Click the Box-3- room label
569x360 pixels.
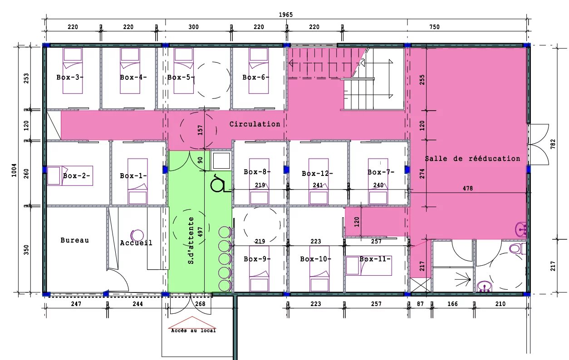pyautogui.click(x=70, y=77)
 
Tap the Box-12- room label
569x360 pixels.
pyautogui.click(x=317, y=174)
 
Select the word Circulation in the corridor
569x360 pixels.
pyautogui.click(x=255, y=124)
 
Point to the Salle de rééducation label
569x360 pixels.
pyautogui.click(x=472, y=159)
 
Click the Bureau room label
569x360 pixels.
pyautogui.click(x=75, y=240)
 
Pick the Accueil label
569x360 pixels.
pyautogui.click(x=136, y=243)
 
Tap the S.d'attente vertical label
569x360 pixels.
pyautogui.click(x=191, y=240)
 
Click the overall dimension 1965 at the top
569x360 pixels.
pyautogui.click(x=286, y=15)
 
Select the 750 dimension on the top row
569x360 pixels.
pyautogui.click(x=434, y=27)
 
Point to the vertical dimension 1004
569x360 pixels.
pyautogui.click(x=14, y=170)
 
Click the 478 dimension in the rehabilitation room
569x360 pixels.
pyautogui.click(x=468, y=188)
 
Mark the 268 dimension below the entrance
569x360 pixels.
pyautogui.click(x=200, y=304)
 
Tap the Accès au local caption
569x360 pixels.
pyautogui.click(x=193, y=331)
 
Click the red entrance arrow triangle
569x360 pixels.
pyautogui.click(x=192, y=322)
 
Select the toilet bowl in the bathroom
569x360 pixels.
pyautogui.click(x=516, y=248)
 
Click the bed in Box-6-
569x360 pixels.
pyautogui.click(x=259, y=71)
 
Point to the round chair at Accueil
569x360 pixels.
pyautogui.click(x=137, y=236)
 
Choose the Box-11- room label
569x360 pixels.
pyautogui.click(x=375, y=259)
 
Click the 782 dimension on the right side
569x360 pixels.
pyautogui.click(x=553, y=144)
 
